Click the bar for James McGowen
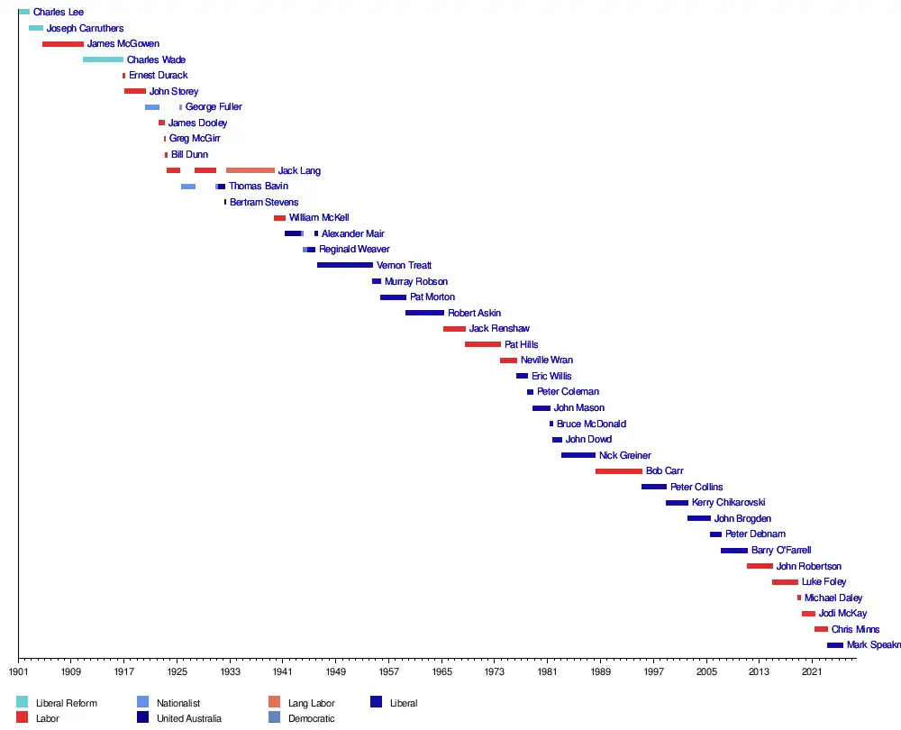(x=63, y=44)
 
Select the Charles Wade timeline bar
(x=103, y=59)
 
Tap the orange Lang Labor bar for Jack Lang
(x=250, y=170)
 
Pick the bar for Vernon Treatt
(x=345, y=265)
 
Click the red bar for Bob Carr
(x=619, y=471)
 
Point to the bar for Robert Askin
(x=424, y=313)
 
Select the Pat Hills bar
(x=483, y=344)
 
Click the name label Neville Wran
(x=546, y=360)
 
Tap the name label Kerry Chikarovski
(x=728, y=503)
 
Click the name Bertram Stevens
(x=264, y=203)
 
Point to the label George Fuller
(x=214, y=107)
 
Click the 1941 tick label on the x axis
(x=282, y=672)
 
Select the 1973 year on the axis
(x=494, y=672)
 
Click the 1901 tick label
(x=18, y=672)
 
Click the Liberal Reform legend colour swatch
(x=23, y=702)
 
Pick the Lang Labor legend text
(x=311, y=703)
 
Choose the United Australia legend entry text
(x=188, y=718)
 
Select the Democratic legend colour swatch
(x=275, y=717)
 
